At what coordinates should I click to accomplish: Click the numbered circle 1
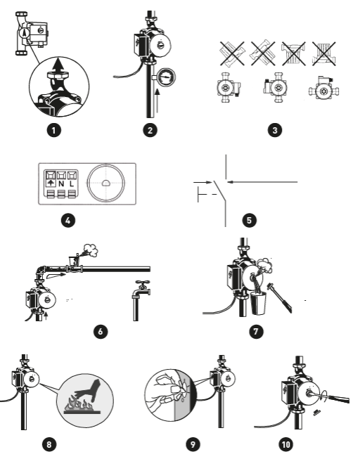click(53, 130)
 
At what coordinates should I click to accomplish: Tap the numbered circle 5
click(250, 220)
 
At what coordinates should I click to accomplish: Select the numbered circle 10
click(286, 444)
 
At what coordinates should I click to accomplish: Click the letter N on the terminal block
click(61, 184)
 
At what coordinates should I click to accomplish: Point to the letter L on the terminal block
click(72, 184)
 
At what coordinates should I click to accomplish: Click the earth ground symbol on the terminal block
click(51, 183)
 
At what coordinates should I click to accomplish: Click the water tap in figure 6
click(141, 300)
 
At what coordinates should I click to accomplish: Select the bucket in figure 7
click(258, 303)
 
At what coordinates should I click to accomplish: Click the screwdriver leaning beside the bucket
click(280, 297)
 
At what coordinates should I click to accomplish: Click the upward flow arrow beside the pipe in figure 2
click(157, 101)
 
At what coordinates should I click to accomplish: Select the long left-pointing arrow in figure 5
click(262, 182)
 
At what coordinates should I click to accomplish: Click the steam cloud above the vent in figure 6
click(91, 250)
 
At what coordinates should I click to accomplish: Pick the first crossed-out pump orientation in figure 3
click(232, 53)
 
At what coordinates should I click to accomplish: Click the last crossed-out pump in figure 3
click(324, 53)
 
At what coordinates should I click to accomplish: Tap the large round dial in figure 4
click(106, 183)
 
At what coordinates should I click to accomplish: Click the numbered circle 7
click(256, 331)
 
